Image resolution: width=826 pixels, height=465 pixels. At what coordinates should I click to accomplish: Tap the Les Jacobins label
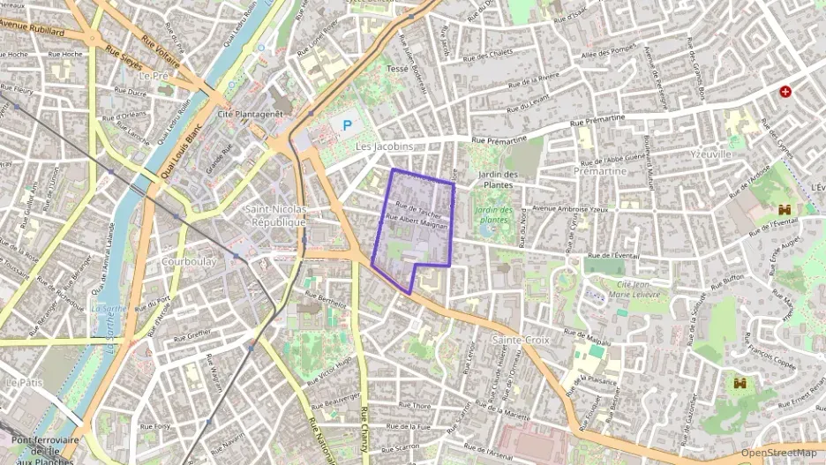(384, 146)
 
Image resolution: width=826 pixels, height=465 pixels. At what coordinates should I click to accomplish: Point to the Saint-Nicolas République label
(275, 216)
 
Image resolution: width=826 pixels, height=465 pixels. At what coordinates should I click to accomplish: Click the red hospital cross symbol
(785, 91)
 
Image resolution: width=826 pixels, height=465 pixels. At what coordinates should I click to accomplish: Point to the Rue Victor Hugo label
(330, 372)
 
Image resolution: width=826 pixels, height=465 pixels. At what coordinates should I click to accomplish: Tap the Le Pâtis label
(24, 382)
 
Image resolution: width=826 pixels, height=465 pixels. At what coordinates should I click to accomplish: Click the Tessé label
(397, 68)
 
